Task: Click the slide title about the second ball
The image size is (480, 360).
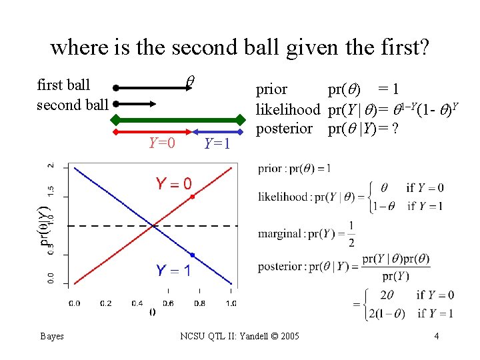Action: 240,47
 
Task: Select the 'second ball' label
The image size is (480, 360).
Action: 72,104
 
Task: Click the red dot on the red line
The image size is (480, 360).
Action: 193,197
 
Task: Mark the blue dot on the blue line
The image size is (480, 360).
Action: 193,255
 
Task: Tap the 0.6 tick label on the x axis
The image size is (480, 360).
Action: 167,303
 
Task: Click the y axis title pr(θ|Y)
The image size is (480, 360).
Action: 45,225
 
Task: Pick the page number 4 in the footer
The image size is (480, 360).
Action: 436,336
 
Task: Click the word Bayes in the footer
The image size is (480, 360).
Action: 51,336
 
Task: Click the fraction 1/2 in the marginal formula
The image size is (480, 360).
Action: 351,234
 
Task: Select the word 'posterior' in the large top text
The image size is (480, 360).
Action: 285,127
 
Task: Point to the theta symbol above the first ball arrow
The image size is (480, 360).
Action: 189,80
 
